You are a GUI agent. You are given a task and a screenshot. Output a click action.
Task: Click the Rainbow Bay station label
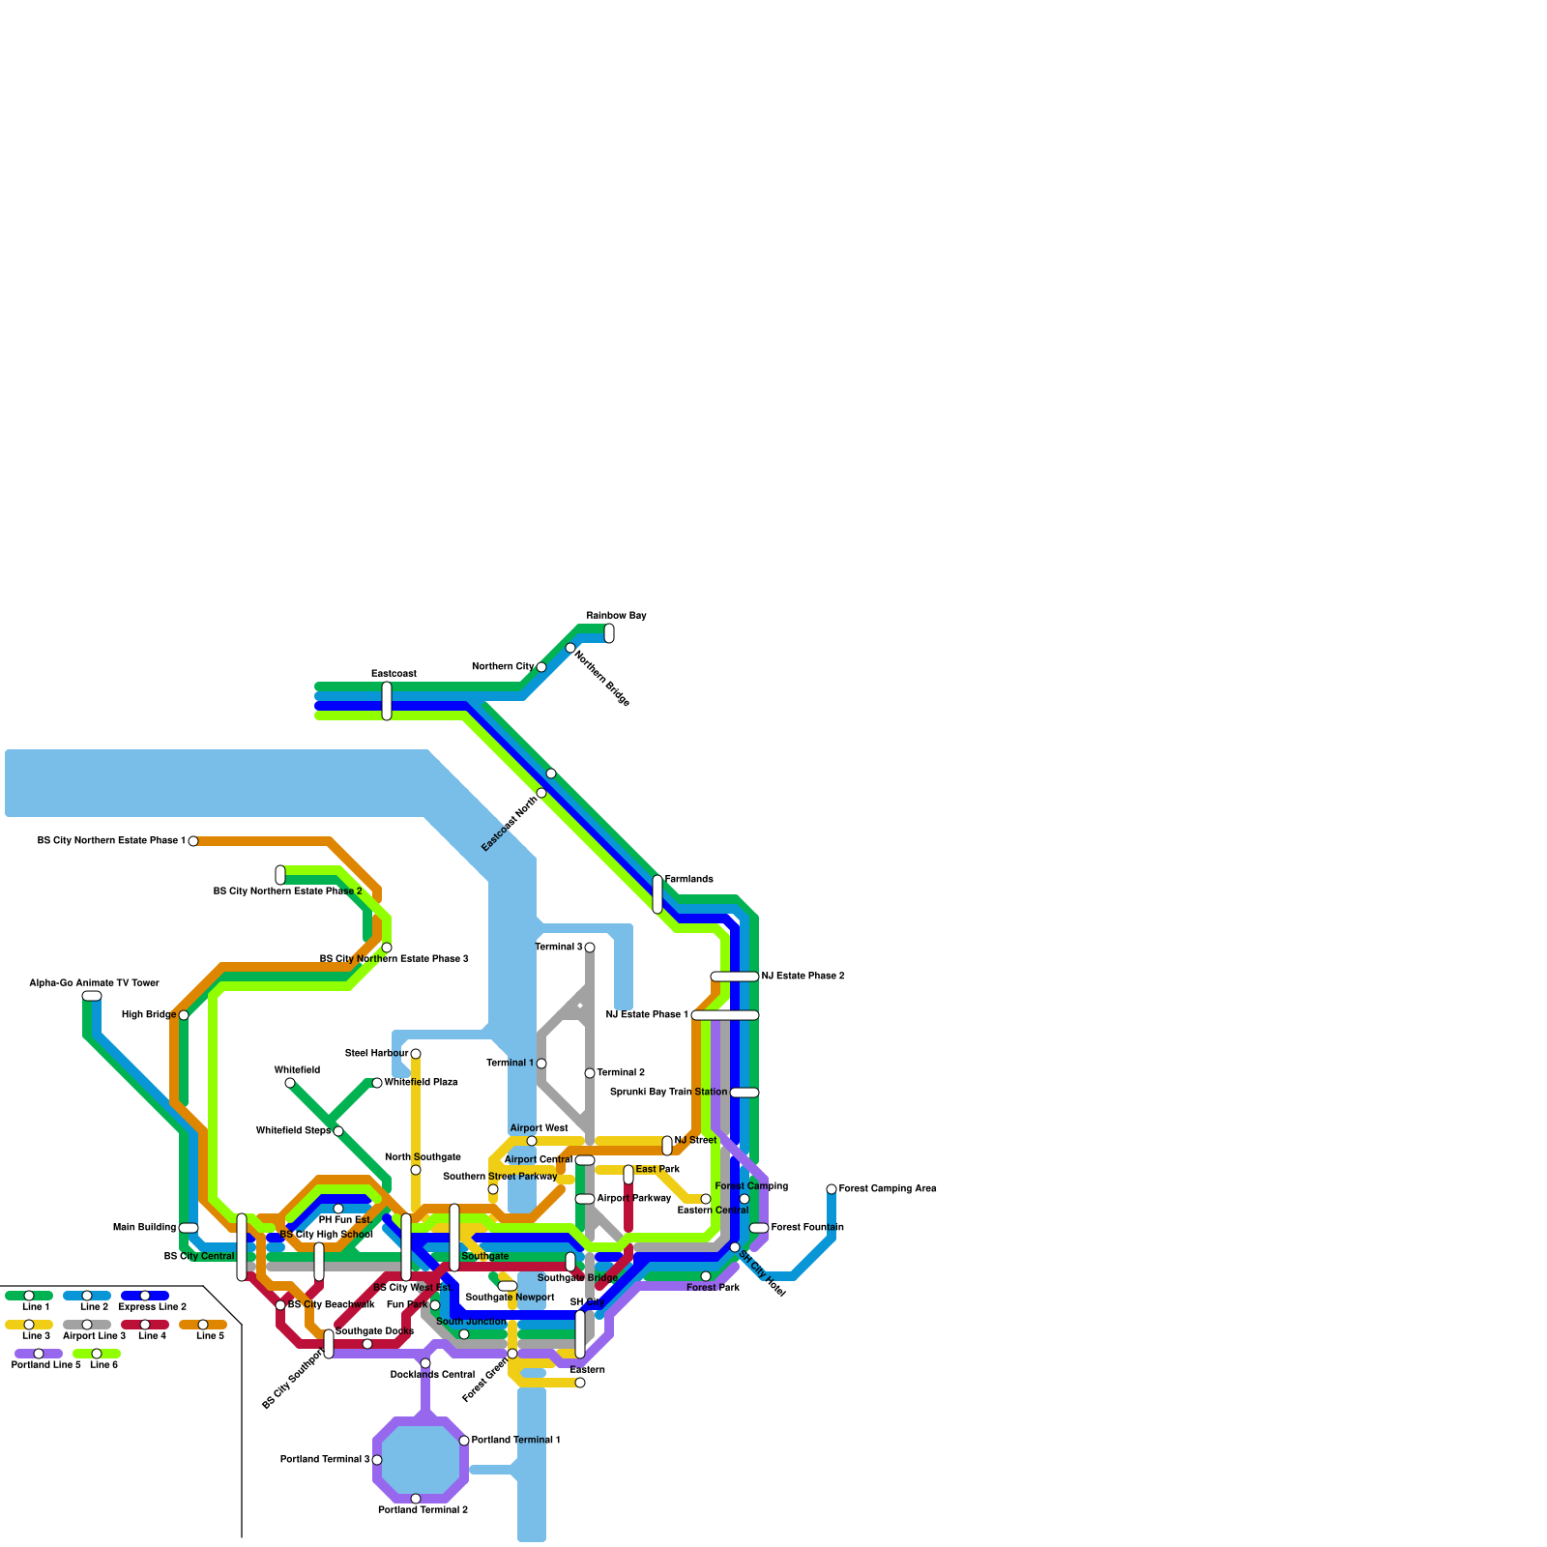(616, 616)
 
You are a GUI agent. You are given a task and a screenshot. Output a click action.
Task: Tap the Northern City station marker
(541, 667)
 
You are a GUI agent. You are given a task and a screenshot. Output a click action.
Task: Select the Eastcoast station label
(394, 674)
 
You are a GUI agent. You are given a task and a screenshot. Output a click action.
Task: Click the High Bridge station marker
(184, 1015)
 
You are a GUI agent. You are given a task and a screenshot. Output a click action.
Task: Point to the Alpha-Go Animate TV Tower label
(94, 983)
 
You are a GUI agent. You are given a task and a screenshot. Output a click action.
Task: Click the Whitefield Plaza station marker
(377, 1083)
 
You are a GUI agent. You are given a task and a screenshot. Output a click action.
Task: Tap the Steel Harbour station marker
(416, 1054)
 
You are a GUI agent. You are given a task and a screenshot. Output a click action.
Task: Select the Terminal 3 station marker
(590, 948)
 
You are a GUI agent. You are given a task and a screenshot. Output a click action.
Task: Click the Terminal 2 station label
(621, 1073)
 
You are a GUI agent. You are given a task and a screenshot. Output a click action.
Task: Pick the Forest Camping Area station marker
(832, 1189)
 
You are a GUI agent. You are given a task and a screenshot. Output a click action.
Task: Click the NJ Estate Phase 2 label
(803, 977)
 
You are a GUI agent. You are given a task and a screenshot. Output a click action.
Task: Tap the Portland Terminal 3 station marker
(377, 1460)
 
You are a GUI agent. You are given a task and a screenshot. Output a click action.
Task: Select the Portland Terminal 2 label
(423, 1510)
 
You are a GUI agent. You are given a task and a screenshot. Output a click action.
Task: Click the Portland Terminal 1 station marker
(464, 1441)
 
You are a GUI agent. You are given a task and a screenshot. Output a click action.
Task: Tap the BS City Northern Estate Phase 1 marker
(193, 841)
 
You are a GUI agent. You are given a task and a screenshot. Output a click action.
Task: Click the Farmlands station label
(688, 880)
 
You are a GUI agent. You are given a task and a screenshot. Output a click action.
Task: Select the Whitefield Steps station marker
(338, 1131)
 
